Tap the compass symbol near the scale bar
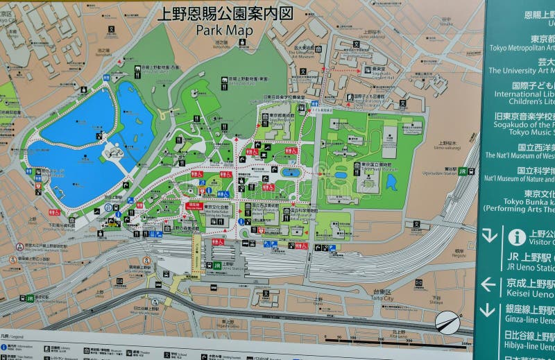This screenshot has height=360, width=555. coord(447,323)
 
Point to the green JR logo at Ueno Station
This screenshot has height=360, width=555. coord(216,265)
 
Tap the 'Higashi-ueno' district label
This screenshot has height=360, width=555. coord(247,324)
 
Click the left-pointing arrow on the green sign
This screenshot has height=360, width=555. coord(488,284)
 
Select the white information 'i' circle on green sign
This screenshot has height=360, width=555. coord(517,237)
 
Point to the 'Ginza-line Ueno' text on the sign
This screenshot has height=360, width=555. coord(531,321)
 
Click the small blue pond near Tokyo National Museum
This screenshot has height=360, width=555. coord(391,182)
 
